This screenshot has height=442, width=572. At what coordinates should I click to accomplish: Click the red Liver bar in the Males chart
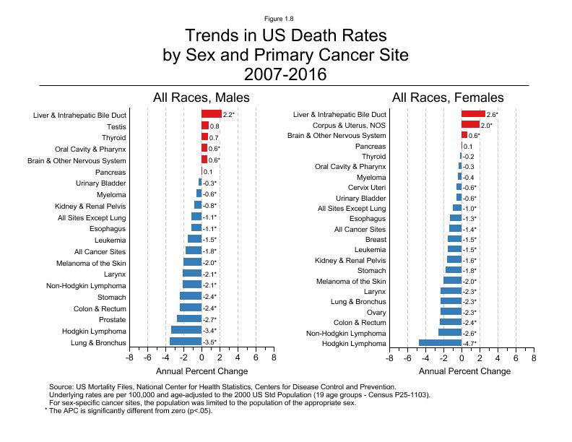pos(212,114)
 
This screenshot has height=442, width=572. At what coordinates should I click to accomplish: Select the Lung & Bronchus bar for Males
pos(186,342)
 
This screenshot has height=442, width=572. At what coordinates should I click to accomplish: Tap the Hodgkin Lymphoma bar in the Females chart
pos(440,343)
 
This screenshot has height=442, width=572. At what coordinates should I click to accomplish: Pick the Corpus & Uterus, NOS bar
pos(470,125)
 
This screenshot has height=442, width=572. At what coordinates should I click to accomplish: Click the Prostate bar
pos(189,319)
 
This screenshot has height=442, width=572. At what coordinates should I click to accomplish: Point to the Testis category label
pos(116,126)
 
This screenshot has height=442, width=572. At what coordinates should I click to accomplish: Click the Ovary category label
pos(376,312)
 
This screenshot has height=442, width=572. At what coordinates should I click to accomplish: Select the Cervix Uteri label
pos(368,188)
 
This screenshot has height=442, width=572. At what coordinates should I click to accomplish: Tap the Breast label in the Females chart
pos(376,239)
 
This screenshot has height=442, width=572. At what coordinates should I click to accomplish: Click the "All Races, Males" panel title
pos(201,97)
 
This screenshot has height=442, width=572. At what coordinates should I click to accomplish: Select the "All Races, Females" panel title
pos(448,97)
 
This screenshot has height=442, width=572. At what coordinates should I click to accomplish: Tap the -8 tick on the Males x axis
pos(129,357)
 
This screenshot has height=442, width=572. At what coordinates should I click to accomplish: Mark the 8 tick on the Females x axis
pos(534,357)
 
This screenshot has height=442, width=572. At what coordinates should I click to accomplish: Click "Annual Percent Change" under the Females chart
pos(464,371)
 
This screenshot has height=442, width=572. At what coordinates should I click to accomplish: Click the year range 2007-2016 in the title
pos(285,74)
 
